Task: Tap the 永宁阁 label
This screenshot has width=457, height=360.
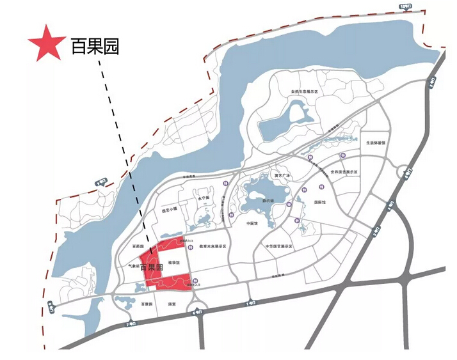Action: click(x=204, y=198)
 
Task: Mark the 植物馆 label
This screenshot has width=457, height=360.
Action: click(x=173, y=262)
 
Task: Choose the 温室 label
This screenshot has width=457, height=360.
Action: click(x=170, y=304)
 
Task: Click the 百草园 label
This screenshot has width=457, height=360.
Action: click(x=147, y=304)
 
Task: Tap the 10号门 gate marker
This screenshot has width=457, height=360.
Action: click(x=404, y=7)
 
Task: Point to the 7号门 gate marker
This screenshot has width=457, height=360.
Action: click(x=131, y=324)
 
